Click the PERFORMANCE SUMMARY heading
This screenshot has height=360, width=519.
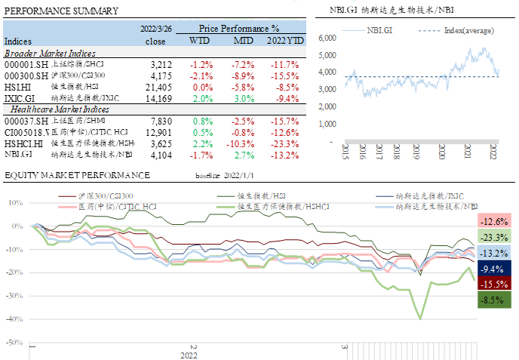[x=61, y=11]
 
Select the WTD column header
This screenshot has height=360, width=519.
[x=199, y=41]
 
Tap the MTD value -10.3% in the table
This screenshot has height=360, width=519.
[x=242, y=143]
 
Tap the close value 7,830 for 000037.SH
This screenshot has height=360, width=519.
[x=162, y=121]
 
